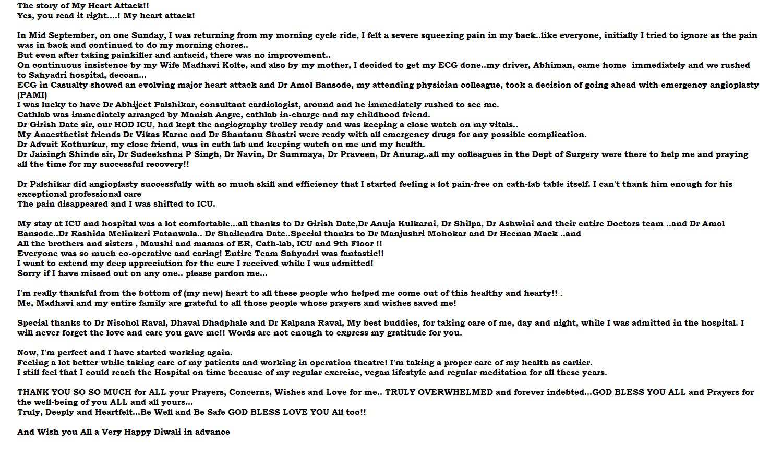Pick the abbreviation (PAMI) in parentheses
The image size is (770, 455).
coord(32,95)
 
